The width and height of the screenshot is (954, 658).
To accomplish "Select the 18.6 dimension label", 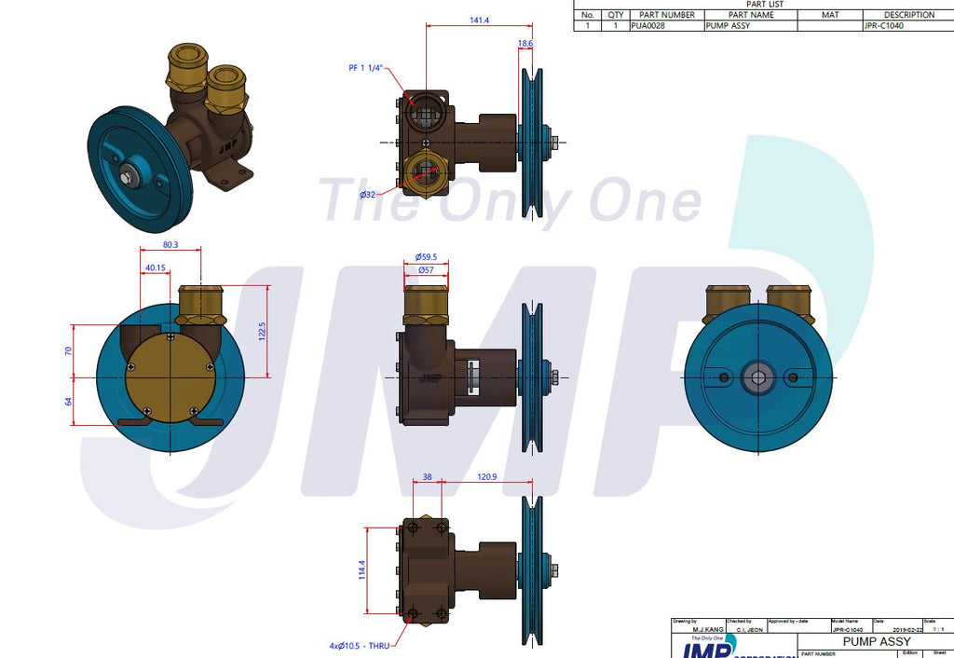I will click(525, 44).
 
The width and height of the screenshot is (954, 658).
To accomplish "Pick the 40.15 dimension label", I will click(156, 268).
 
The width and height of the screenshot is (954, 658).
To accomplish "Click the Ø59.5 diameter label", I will click(426, 257).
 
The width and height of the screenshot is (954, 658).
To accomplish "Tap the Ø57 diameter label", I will click(426, 269).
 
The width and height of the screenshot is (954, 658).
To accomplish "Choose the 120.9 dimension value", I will click(485, 476).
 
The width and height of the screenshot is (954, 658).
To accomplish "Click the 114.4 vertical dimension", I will click(361, 569).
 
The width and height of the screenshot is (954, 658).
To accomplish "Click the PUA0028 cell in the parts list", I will click(649, 26).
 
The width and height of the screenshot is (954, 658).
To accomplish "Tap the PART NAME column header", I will click(750, 15).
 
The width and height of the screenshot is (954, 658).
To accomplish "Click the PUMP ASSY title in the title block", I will click(876, 642).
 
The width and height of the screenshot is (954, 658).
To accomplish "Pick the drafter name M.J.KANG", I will click(696, 629).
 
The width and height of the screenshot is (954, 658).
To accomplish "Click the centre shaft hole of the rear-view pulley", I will click(757, 377).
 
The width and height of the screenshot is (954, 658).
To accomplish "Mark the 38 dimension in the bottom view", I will click(427, 476).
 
